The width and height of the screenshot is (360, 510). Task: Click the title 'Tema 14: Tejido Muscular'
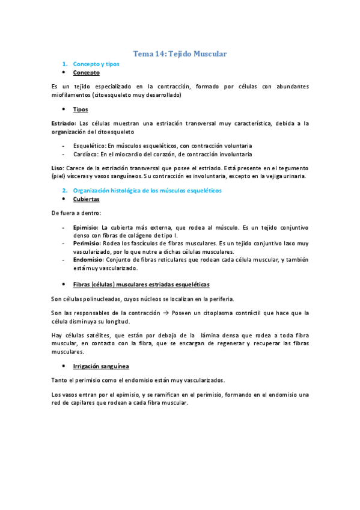click(180, 54)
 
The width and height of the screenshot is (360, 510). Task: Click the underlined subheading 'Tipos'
click(80, 109)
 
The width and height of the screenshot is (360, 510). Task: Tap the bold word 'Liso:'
click(59, 168)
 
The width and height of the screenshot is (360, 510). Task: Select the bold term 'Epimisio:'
click(86, 227)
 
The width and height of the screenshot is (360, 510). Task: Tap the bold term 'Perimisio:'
click(87, 243)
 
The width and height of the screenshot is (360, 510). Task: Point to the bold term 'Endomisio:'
click(88, 260)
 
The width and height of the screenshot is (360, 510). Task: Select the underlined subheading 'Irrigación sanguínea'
click(100, 366)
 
